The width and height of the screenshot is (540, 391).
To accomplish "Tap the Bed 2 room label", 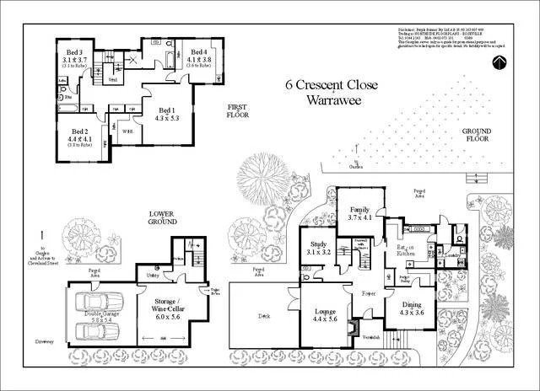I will (x=80, y=132).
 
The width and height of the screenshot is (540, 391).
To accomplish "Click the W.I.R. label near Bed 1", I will (x=127, y=131).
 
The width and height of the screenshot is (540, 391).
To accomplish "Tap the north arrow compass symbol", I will (x=499, y=61).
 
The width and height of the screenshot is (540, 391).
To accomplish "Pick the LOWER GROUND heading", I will (x=161, y=217).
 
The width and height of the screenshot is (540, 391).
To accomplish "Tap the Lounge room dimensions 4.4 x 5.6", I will (x=325, y=319).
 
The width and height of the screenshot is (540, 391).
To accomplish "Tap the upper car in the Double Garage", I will (x=98, y=301).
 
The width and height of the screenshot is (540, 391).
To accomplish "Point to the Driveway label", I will (x=45, y=341).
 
